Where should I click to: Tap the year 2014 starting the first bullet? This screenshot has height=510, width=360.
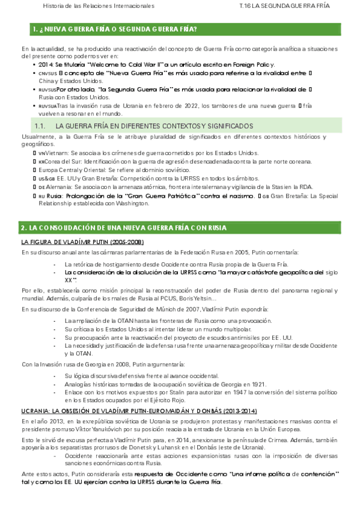(45, 64)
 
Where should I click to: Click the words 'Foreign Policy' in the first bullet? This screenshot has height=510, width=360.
(253, 64)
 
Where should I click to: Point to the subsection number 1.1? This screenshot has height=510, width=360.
(41, 126)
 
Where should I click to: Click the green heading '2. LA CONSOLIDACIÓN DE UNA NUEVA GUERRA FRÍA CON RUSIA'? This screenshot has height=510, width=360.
(123, 228)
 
